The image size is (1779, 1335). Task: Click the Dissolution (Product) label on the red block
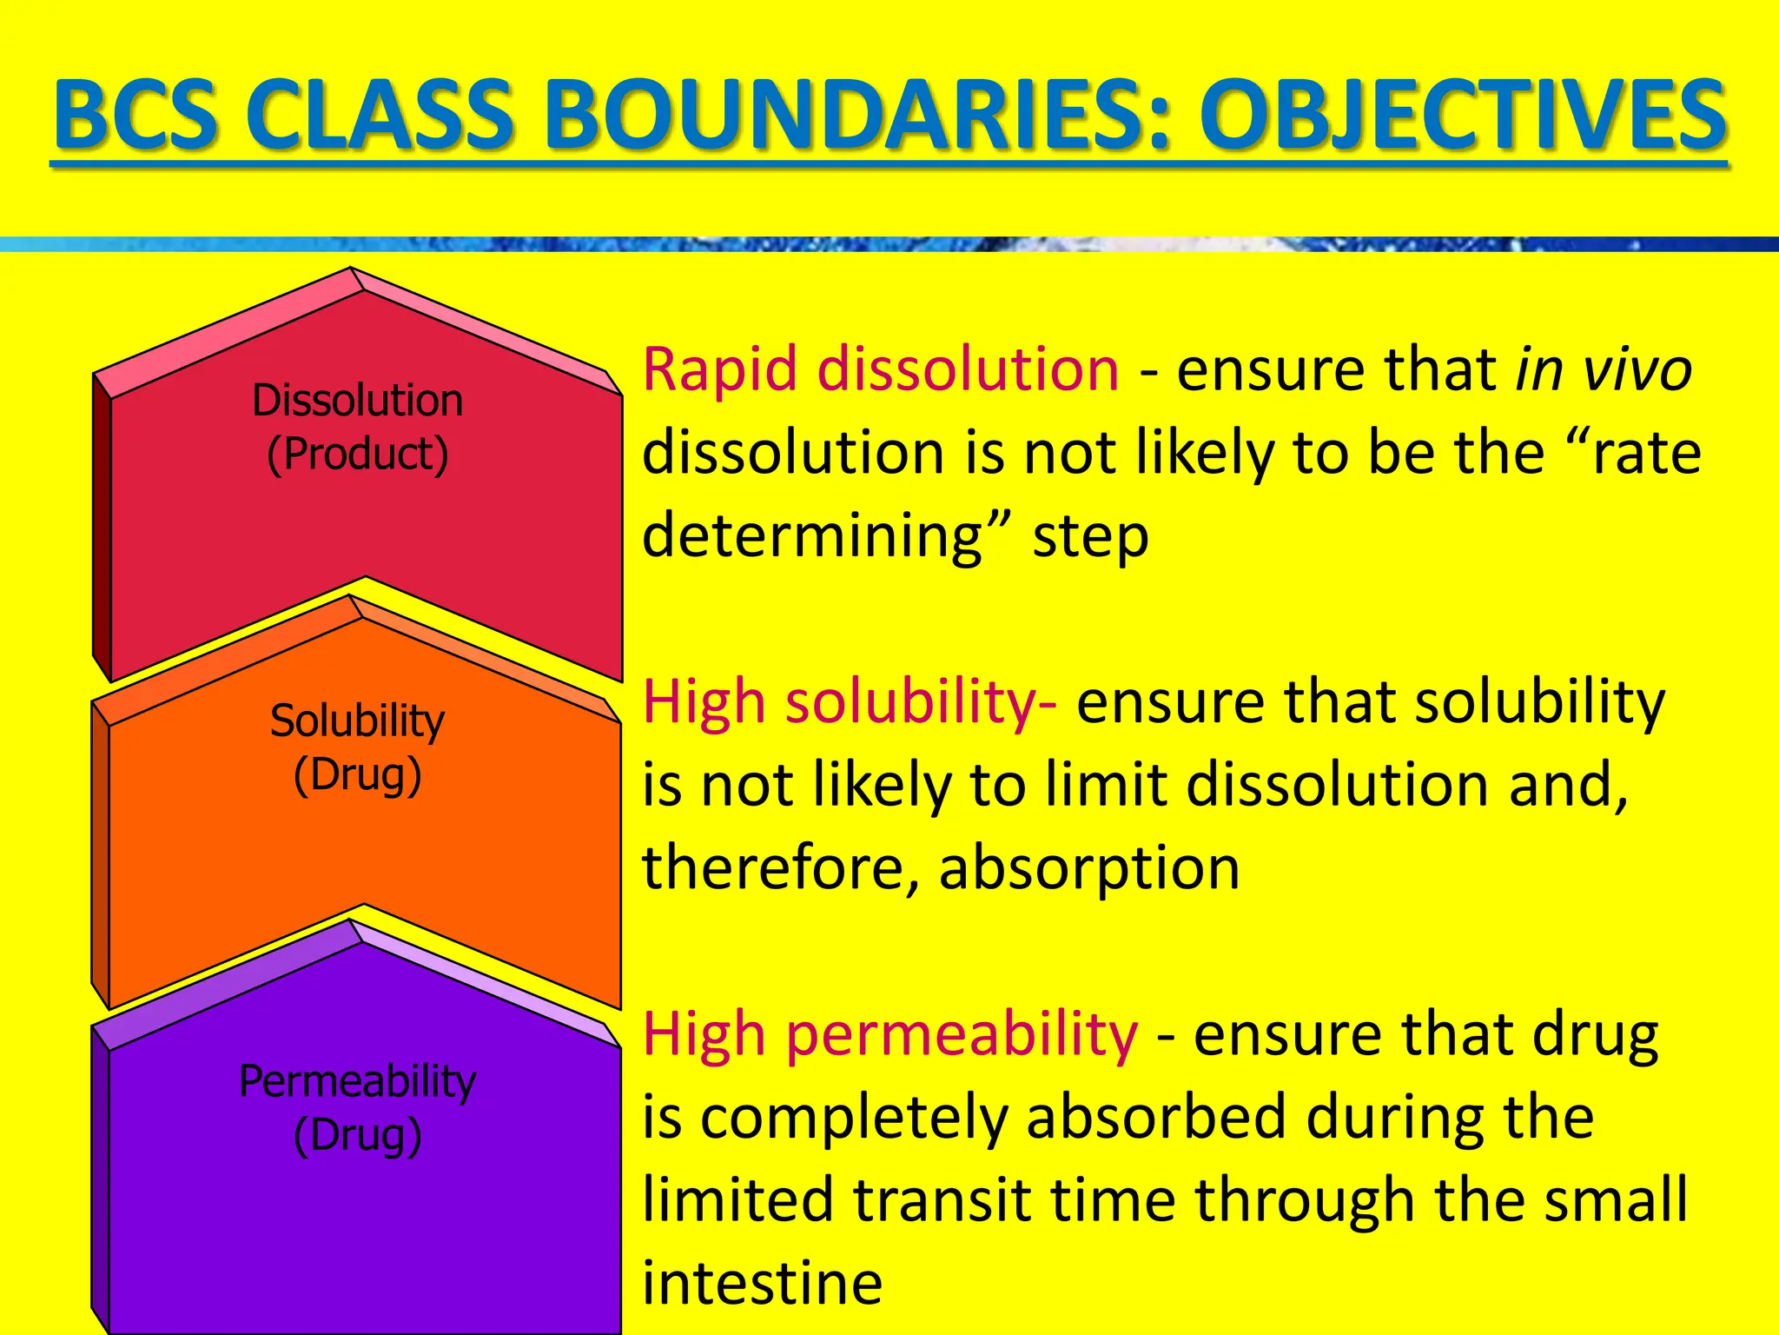[x=357, y=427]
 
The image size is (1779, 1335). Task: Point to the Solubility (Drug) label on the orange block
[x=357, y=747]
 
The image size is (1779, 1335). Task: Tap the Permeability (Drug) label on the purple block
[x=357, y=1108]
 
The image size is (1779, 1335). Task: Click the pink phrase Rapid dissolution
[x=881, y=369]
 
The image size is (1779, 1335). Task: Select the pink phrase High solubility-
[x=850, y=701]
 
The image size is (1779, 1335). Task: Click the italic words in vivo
[x=1603, y=369]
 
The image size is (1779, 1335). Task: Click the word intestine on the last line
[x=762, y=1283]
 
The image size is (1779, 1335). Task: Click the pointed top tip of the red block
[x=351, y=269]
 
